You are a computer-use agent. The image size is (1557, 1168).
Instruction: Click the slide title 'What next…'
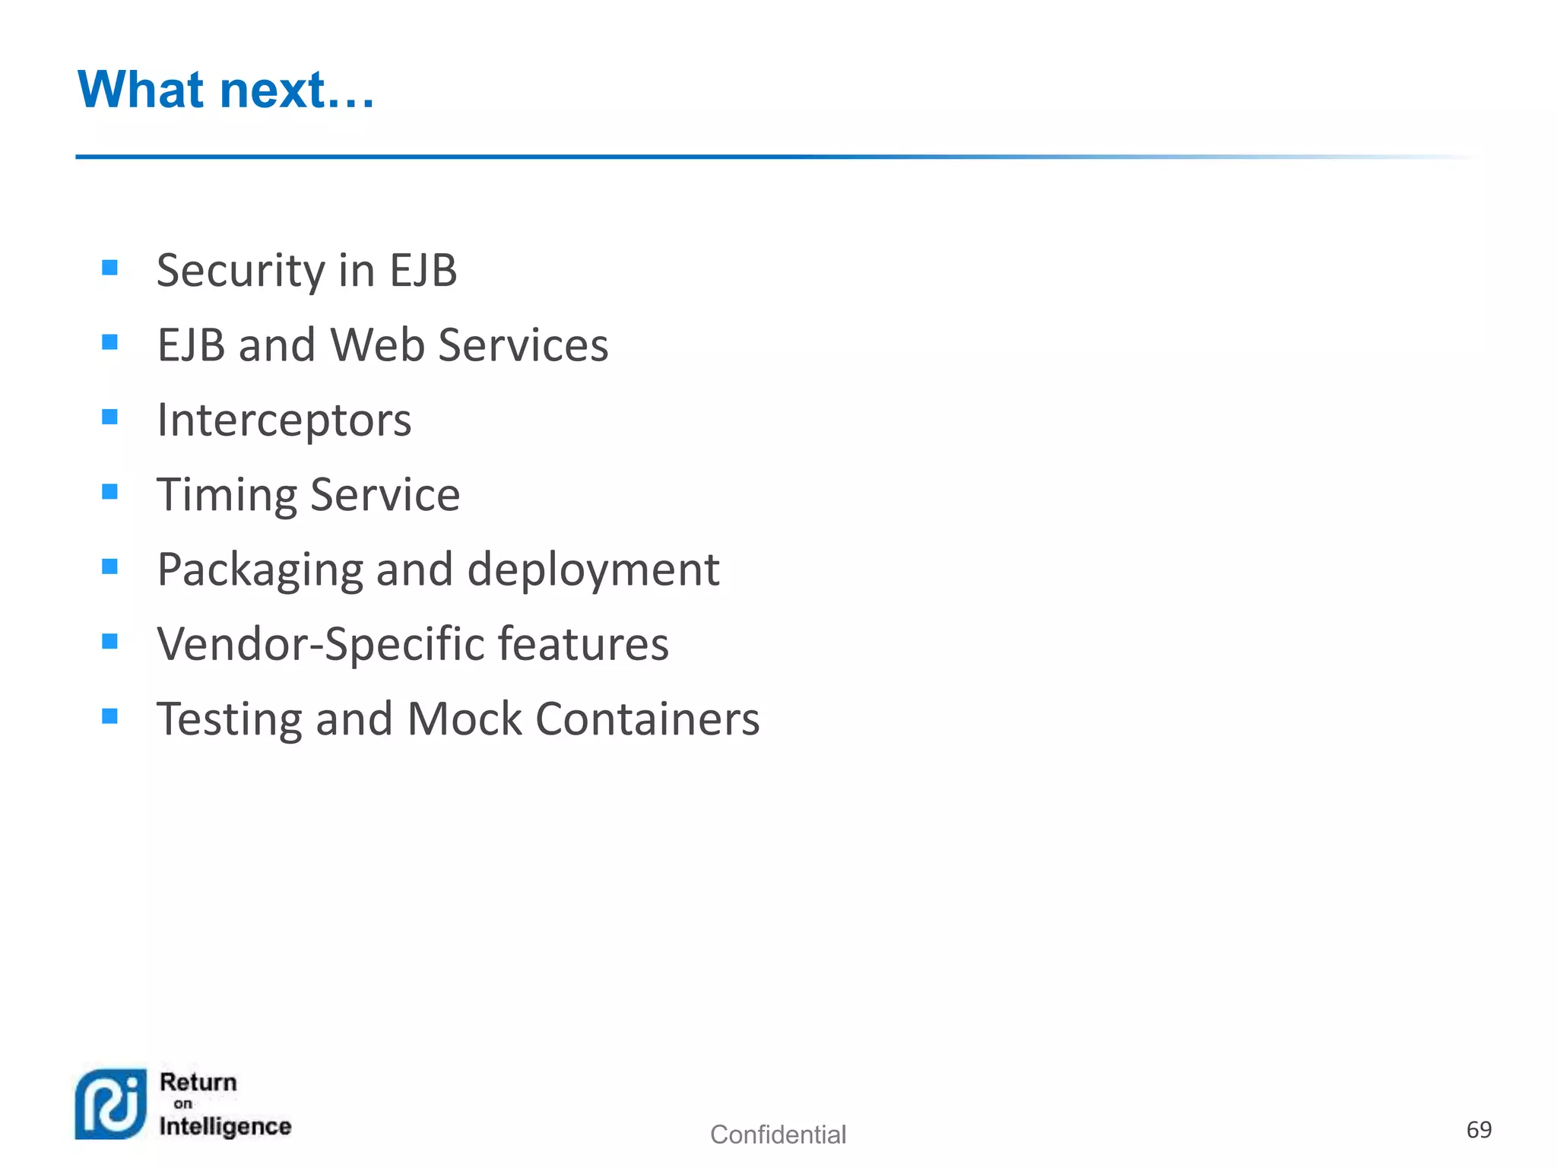point(226,90)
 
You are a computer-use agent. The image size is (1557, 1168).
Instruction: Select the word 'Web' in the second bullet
point(377,345)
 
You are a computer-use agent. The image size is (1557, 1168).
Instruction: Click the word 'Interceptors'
point(284,421)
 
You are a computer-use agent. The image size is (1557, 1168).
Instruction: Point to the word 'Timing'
point(226,496)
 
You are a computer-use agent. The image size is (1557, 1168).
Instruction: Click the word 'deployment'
point(592,570)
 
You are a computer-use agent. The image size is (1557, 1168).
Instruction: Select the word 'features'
point(583,645)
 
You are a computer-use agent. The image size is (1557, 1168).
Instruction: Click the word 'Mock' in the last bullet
point(465,719)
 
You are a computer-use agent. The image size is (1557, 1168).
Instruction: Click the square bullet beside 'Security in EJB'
point(109,268)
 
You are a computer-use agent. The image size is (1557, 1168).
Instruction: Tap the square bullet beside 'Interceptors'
point(109,417)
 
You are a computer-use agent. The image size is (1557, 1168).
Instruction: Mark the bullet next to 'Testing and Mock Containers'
point(109,716)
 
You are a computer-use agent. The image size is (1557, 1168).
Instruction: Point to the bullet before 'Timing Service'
point(109,492)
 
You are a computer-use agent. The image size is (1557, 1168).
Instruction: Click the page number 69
point(1479,1130)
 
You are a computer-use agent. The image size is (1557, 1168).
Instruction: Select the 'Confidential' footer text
point(778,1135)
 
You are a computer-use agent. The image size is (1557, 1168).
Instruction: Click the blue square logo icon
point(111,1104)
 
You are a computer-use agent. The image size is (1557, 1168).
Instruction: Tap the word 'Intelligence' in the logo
point(225,1126)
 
